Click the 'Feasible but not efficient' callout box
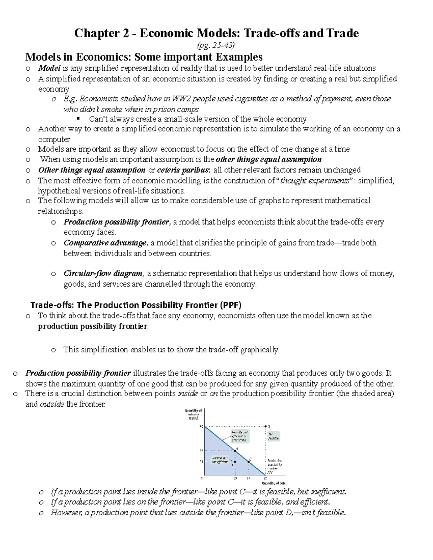click(220, 459)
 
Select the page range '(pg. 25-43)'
click(216, 45)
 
